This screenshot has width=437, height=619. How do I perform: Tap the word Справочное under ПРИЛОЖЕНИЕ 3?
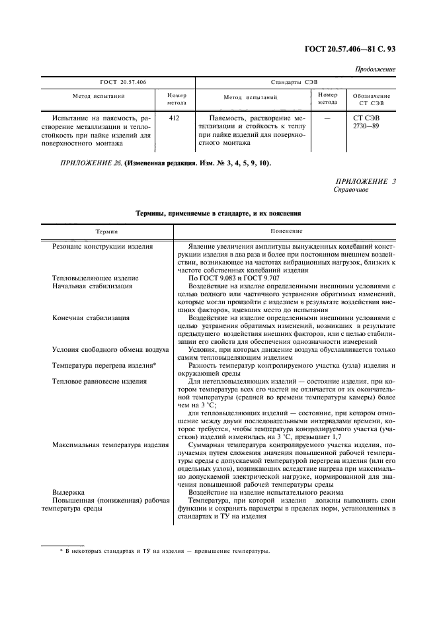[x=351, y=189]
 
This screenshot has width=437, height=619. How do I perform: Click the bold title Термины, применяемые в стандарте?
[x=218, y=214]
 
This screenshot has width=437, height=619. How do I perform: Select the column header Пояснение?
[x=286, y=231]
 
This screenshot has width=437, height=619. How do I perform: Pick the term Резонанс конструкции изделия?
[x=102, y=246]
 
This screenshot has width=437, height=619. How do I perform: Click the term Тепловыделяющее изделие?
[x=95, y=278]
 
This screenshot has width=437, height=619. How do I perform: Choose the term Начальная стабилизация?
[x=92, y=286]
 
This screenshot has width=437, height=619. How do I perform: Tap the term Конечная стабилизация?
[x=91, y=317]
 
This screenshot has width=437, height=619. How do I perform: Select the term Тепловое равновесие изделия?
[x=99, y=382]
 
